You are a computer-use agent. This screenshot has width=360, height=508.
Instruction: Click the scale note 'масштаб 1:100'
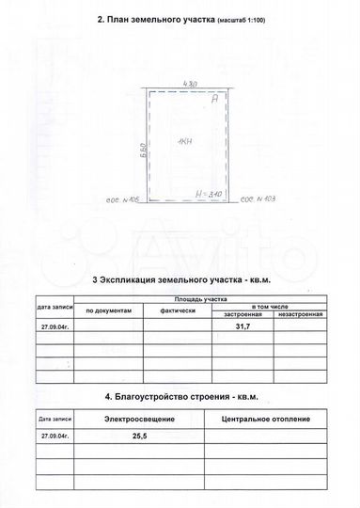click(240, 19)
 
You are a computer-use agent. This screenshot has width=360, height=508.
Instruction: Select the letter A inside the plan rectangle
click(215, 98)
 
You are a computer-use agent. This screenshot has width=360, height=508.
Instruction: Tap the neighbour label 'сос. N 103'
click(258, 199)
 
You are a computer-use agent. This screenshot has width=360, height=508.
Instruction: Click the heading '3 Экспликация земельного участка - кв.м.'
click(180, 280)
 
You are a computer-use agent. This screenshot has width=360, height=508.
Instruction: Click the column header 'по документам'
click(110, 309)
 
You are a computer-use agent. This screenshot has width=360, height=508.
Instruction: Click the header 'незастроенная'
click(300, 314)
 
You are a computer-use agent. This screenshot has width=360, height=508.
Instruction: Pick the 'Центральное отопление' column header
click(258, 417)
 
